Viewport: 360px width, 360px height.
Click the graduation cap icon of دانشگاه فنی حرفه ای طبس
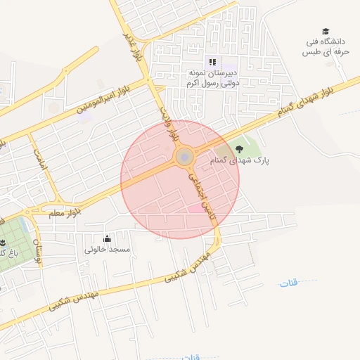(x=326, y=32)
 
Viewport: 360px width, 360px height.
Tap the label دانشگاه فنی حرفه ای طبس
(x=326, y=47)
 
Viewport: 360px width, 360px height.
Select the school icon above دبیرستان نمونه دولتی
(x=213, y=62)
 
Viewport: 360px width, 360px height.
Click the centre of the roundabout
(x=184, y=156)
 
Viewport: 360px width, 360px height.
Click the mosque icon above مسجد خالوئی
(x=107, y=238)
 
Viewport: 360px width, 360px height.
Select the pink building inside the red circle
(x=194, y=208)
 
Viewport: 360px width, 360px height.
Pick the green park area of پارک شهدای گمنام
(x=243, y=144)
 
